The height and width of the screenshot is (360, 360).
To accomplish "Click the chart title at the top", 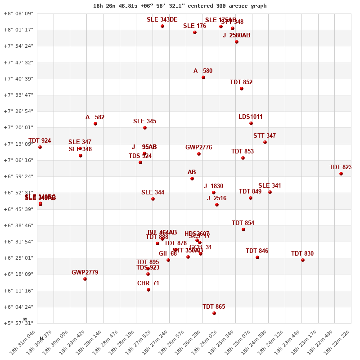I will coord(180,6).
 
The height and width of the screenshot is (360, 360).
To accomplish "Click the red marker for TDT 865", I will coord(214,313).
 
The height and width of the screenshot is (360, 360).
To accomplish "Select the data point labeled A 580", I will coord(203,77).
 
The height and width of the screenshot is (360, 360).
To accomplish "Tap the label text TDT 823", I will coord(340,167).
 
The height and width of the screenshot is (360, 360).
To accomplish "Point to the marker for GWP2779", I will coord(85,279).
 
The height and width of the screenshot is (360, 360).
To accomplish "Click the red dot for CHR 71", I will coord(148,290).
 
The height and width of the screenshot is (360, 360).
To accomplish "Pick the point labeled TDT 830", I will coord(303,260).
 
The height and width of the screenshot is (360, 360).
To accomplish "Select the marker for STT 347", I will coord(265,142).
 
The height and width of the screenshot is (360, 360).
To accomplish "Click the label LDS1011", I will coord(251,117).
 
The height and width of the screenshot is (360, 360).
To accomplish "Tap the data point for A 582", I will coord(95,124).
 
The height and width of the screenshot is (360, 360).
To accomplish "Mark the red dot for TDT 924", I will coord(40,147).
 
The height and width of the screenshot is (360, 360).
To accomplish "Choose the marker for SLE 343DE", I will coord(162,26).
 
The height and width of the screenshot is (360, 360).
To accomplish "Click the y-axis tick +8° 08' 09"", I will coord(18,13).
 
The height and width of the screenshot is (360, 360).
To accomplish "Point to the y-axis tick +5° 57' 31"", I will coord(18,323).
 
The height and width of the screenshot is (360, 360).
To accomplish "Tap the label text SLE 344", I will coord(153,193).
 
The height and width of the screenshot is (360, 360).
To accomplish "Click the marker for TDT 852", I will coord(242,89).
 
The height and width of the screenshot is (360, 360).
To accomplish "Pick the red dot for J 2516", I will coord(217,205).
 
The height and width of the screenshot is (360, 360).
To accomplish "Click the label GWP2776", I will coord(198,148).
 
